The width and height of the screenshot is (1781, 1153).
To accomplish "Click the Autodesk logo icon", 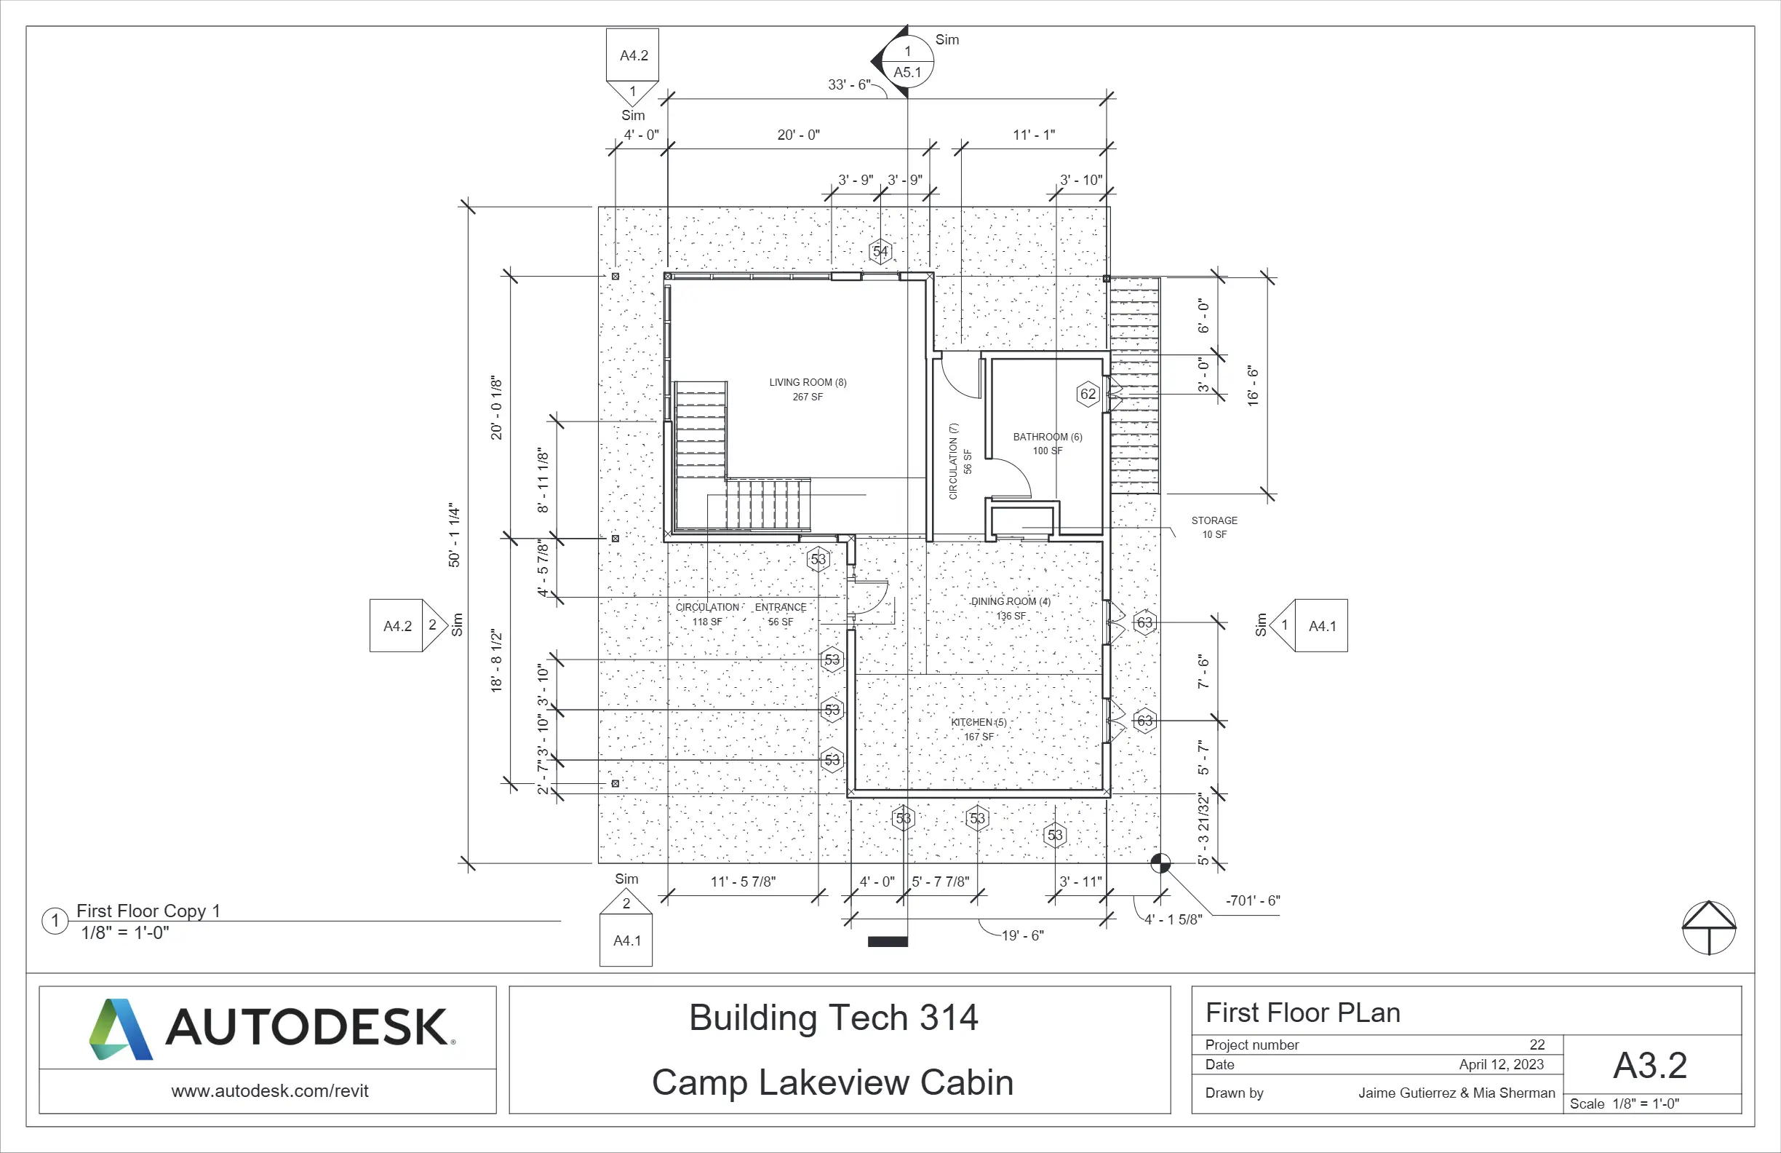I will pos(121,1029).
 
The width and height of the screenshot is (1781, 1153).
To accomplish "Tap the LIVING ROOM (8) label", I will pos(808,383).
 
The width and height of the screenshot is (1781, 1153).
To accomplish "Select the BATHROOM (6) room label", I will pos(1047,437).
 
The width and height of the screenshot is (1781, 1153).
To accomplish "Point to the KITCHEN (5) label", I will pos(978,723).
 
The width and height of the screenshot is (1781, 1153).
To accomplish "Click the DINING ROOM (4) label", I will pos(1011,602).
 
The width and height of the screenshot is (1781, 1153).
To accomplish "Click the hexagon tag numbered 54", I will pos(881,252).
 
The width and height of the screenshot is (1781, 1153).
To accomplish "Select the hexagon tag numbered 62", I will pos(1088,394).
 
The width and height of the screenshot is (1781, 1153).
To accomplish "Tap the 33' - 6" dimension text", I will pos(848,84).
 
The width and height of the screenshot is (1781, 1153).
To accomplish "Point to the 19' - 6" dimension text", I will pos(1022,935).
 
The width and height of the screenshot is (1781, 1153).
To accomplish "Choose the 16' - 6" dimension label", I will pos(1253,386).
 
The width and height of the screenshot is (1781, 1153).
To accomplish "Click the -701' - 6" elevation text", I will pos(1252,900).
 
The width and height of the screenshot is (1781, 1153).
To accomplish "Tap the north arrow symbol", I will pos(1708,927).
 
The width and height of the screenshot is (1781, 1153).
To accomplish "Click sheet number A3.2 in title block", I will pos(1650,1066).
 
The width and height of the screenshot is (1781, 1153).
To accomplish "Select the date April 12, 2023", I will pos(1501,1065).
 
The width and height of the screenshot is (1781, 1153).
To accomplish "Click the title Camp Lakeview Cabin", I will pos(832,1082).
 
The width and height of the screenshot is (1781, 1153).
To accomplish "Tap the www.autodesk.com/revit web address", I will pos(269,1091).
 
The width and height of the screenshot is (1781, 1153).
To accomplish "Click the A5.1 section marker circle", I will pos(908,61).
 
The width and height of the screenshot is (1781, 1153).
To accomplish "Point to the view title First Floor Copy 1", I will pos(148,911).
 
